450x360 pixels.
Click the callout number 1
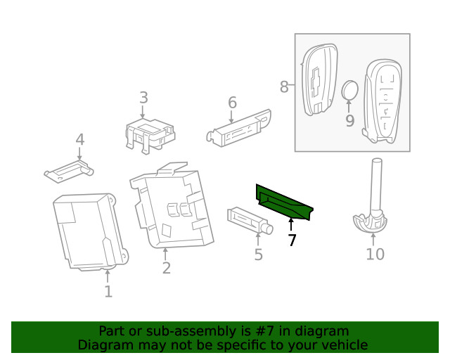pos(108,291)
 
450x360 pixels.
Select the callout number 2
pos(167,268)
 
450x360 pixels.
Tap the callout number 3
pos(143,98)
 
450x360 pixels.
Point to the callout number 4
pos(79,139)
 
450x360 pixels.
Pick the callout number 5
pos(258,255)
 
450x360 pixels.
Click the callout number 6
pos(232,103)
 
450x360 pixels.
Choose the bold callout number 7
pos(292,240)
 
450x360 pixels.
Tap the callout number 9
pos(349,121)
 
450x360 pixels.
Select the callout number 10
pos(375,254)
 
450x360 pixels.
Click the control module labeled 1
pos(90,232)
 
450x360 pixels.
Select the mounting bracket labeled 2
pos(171,207)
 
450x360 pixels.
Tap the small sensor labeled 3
pos(150,134)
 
